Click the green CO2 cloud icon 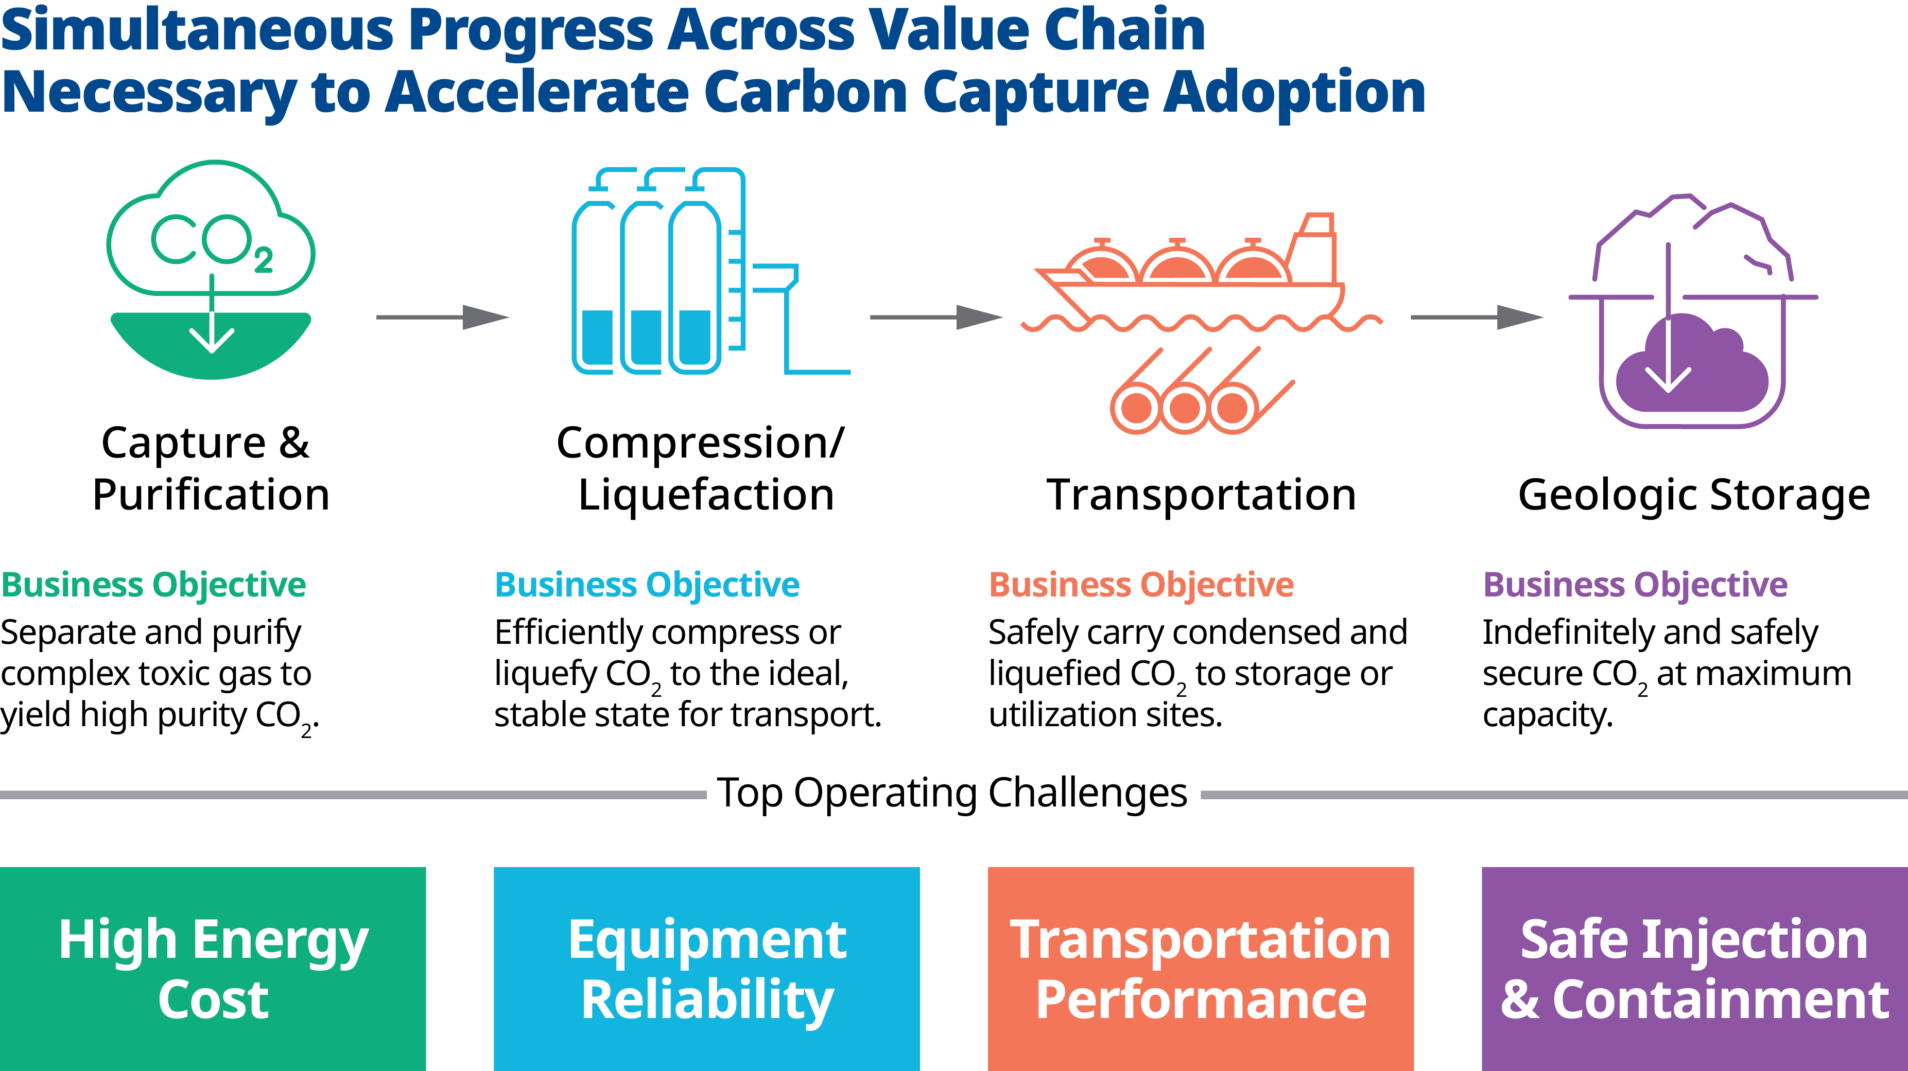pyautogui.click(x=211, y=270)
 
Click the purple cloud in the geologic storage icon pyautogui.click(x=1692, y=363)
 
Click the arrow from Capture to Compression pyautogui.click(x=443, y=317)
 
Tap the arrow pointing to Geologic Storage pyautogui.click(x=1478, y=317)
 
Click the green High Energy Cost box pyautogui.click(x=213, y=969)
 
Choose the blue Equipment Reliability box pyautogui.click(x=706, y=969)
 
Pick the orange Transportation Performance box pyautogui.click(x=1201, y=969)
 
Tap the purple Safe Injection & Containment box pyautogui.click(x=1695, y=969)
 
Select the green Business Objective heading pyautogui.click(x=153, y=585)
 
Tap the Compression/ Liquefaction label pyautogui.click(x=701, y=468)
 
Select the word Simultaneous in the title pyautogui.click(x=197, y=30)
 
